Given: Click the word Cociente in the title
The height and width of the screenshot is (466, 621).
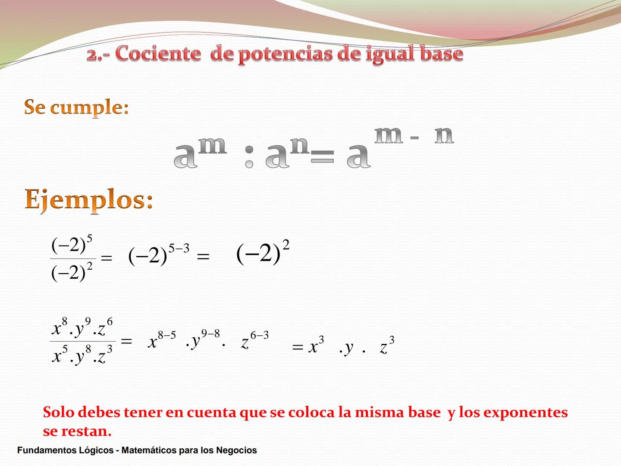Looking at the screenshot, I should pyautogui.click(x=158, y=54).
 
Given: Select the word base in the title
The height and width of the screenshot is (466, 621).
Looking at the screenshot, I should pyautogui.click(x=441, y=54).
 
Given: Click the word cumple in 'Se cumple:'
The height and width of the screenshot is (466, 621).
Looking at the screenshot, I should pyautogui.click(x=89, y=108).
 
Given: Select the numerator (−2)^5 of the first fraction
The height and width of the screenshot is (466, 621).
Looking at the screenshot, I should pyautogui.click(x=72, y=245).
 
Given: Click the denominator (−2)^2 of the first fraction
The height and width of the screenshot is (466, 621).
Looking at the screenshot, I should pyautogui.click(x=72, y=272).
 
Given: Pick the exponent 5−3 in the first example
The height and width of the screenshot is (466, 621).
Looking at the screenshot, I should pyautogui.click(x=179, y=248).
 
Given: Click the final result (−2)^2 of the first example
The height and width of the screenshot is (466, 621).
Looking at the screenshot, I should pyautogui.click(x=263, y=252).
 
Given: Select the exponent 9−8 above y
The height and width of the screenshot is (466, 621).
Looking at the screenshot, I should pyautogui.click(x=210, y=334).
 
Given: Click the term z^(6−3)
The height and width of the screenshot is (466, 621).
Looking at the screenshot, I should pyautogui.click(x=255, y=340).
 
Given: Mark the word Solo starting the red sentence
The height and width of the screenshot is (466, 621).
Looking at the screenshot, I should pyautogui.click(x=59, y=412).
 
